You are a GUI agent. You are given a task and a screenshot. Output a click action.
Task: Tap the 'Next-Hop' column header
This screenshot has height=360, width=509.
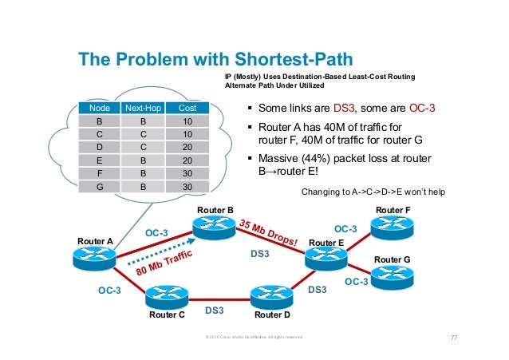142,107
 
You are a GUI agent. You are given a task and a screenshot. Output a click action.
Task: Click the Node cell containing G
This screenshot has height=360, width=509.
99,186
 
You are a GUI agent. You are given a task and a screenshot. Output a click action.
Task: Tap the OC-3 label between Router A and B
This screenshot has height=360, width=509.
156,232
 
